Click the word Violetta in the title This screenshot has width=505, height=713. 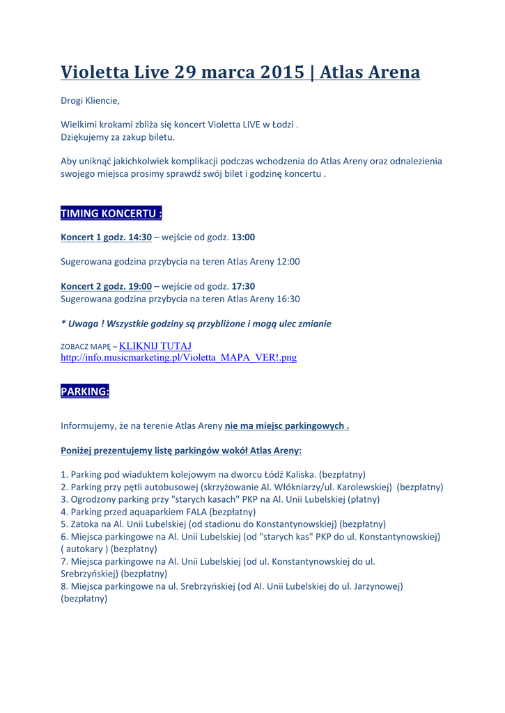point(94,72)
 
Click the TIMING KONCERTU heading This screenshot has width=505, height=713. point(111,213)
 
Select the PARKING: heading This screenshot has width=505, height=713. point(85,391)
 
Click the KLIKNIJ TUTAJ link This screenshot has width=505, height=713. point(155,345)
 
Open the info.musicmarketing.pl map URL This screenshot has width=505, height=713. point(179,358)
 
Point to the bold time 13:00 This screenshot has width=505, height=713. point(243,237)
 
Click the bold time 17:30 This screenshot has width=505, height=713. point(243,286)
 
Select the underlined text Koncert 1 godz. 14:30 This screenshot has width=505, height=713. point(106,237)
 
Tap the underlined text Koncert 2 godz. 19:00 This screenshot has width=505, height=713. point(106,286)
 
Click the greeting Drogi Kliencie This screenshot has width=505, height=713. point(90,100)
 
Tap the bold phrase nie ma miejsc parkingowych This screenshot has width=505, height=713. point(286,425)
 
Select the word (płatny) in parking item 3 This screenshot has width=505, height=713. point(360,499)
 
